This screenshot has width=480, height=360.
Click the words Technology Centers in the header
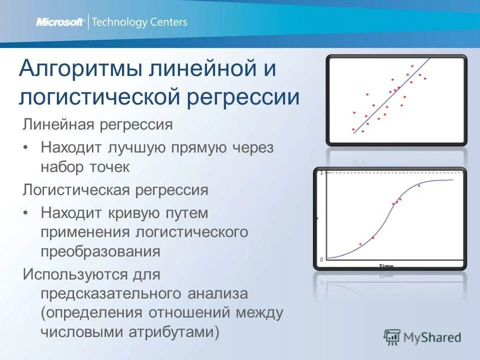point(140,22)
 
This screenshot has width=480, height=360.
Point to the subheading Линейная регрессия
point(97,124)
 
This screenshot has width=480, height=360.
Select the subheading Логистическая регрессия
point(115,190)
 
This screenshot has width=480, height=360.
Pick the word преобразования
point(100,251)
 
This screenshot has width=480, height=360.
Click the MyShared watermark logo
point(422,337)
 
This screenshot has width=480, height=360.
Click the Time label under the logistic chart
point(385,266)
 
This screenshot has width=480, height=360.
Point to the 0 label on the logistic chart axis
point(321,259)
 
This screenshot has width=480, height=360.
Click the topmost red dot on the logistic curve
point(419,185)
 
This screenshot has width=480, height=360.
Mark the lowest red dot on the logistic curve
point(360,244)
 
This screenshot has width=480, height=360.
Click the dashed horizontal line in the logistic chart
point(390,173)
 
